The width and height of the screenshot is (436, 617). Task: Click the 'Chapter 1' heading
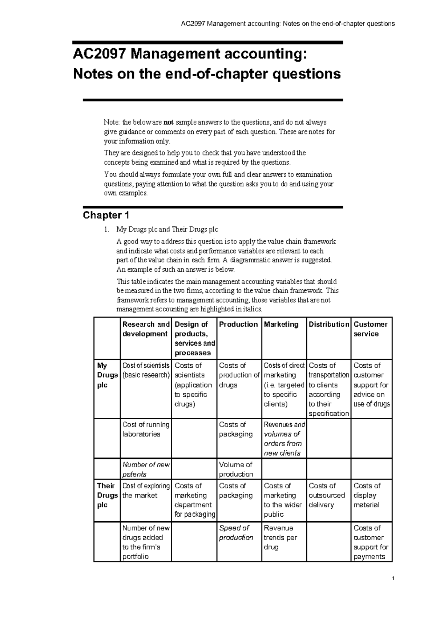pyautogui.click(x=106, y=215)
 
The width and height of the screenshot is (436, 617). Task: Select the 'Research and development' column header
pyautogui.click(x=146, y=329)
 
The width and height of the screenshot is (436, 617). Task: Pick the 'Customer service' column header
pyautogui.click(x=370, y=329)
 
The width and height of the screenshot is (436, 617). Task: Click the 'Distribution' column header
pyautogui.click(x=328, y=324)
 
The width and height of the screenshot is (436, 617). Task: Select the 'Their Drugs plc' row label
pyautogui.click(x=107, y=495)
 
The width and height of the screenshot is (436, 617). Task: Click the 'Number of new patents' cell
pyautogui.click(x=146, y=469)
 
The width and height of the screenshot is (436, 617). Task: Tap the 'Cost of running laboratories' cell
pyautogui.click(x=146, y=429)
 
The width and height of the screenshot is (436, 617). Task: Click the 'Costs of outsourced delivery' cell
pyautogui.click(x=326, y=495)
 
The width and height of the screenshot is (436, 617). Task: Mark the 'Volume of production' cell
pyautogui.click(x=236, y=469)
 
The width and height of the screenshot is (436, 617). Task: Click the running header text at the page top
pyautogui.click(x=288, y=24)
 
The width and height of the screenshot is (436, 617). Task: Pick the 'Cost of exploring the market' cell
pyautogui.click(x=146, y=491)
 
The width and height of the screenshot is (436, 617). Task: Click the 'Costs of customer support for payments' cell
pyautogui.click(x=371, y=542)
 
